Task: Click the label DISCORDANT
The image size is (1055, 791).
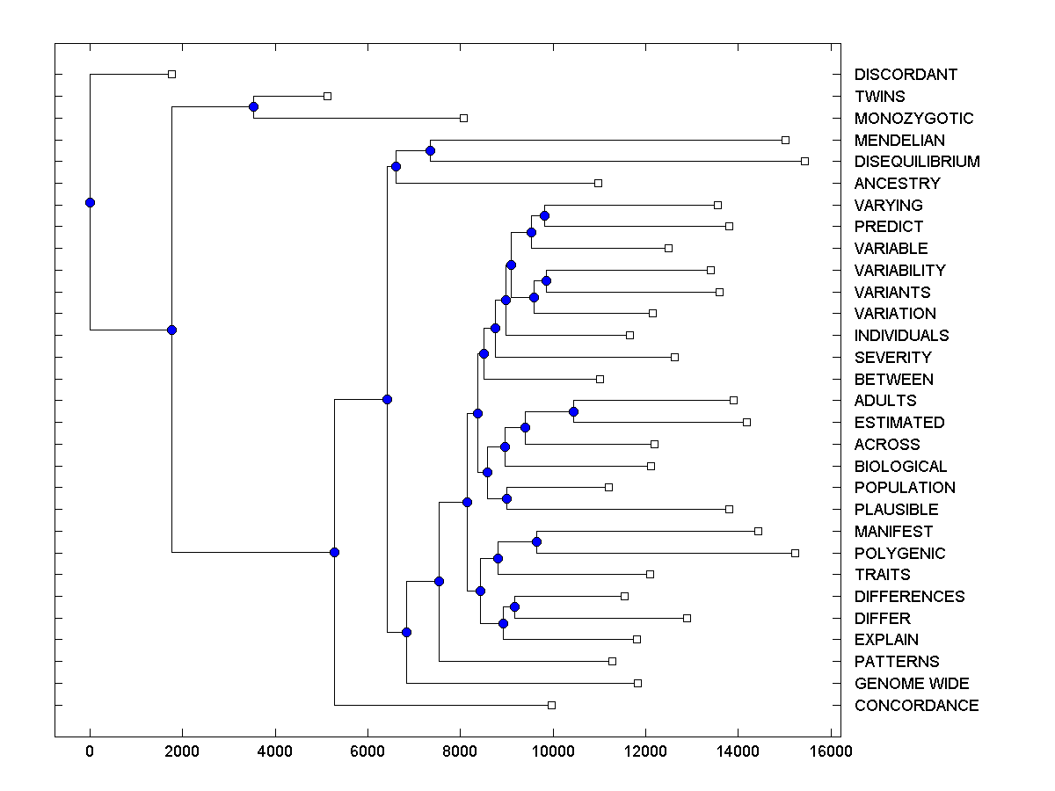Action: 906,75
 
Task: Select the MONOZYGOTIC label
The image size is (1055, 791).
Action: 913,118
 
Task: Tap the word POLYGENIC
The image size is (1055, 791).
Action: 899,553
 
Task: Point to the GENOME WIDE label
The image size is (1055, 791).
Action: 912,684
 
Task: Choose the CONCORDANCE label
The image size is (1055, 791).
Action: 916,705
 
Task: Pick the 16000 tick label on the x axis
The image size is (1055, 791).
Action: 831,751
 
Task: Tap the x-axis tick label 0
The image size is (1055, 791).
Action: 90,751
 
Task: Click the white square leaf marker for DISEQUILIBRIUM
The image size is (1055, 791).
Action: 804,161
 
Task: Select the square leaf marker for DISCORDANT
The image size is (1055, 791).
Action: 172,74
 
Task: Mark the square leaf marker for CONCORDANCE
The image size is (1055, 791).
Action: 551,705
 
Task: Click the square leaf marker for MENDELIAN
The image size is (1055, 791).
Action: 785,140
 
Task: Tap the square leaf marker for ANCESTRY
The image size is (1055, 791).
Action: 598,183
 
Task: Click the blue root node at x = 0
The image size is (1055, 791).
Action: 90,202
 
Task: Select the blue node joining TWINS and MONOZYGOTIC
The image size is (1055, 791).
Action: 253,106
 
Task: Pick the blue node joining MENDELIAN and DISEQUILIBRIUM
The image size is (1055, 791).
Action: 430,150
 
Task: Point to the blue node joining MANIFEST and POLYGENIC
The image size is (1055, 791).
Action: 536,541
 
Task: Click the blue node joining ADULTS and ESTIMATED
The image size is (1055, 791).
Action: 573,411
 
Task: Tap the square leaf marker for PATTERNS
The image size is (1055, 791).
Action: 612,661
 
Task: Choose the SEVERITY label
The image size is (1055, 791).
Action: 892,357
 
